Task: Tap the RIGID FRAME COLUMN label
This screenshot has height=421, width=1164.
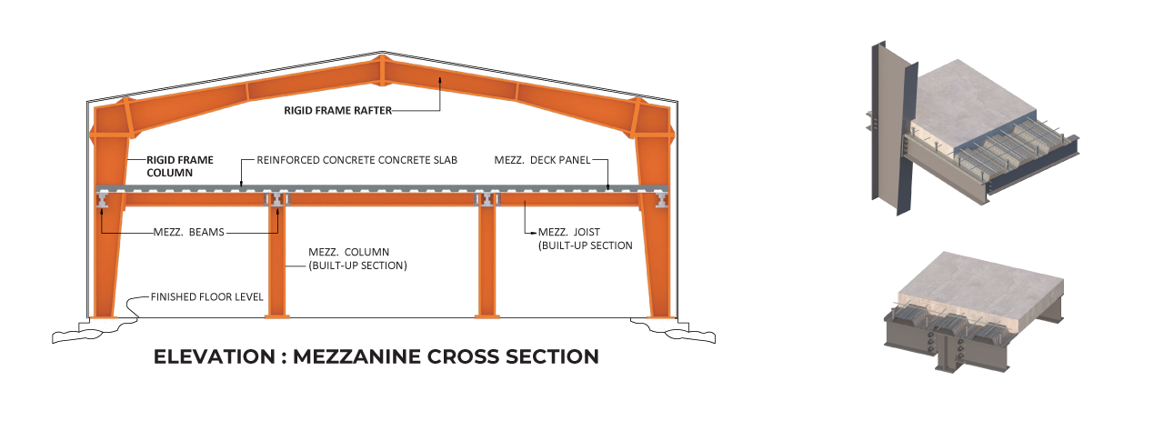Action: [180, 165]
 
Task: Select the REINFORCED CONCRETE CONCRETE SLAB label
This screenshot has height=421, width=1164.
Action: [356, 160]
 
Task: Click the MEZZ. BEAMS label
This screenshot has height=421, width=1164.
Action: [188, 233]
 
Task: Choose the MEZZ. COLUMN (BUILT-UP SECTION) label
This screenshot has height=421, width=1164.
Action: [356, 258]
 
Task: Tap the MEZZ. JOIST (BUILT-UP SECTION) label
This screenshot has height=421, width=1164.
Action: [585, 239]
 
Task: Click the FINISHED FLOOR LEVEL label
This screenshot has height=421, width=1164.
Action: [207, 297]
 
